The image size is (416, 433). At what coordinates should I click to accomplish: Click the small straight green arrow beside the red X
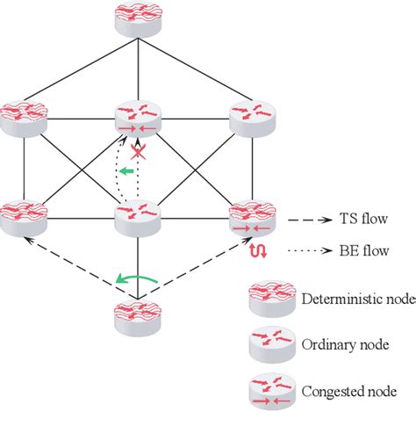pyautogui.click(x=128, y=172)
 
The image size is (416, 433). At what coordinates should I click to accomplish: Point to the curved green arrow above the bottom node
pyautogui.click(x=138, y=280)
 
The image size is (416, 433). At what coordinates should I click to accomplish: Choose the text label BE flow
pyautogui.click(x=356, y=249)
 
